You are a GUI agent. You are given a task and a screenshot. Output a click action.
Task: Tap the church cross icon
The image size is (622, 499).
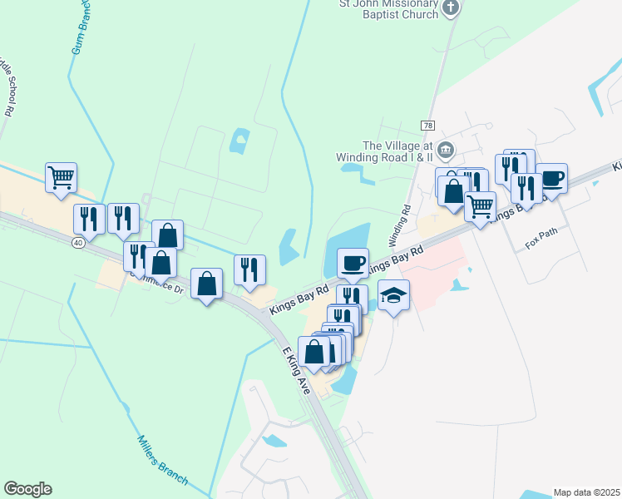(x=451, y=8)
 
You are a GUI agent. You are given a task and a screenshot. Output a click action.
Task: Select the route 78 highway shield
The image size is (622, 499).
(x=428, y=125)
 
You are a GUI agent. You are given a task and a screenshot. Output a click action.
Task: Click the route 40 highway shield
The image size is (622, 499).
(x=77, y=242)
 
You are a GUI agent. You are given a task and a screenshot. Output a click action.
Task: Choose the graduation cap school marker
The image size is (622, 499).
(x=394, y=295)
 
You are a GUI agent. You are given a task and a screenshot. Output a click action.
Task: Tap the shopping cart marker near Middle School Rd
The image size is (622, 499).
(x=61, y=177)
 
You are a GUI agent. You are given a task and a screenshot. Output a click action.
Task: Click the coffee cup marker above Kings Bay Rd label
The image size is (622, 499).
(x=353, y=263)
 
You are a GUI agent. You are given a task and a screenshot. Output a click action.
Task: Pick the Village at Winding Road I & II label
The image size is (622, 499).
(x=385, y=151)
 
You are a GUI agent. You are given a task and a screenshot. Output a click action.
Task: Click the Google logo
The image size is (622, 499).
(x=27, y=488)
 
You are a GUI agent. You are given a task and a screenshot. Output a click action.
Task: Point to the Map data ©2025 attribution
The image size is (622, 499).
(x=586, y=492)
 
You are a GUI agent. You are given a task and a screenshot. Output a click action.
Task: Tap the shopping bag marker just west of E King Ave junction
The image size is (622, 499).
(x=206, y=284)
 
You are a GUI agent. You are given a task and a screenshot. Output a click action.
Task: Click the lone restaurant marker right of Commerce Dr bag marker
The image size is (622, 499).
(x=249, y=269)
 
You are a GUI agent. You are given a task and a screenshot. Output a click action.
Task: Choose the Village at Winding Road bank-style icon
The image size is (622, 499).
(x=446, y=150)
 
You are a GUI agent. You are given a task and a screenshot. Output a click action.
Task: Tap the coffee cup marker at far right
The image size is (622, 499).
(x=551, y=178)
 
